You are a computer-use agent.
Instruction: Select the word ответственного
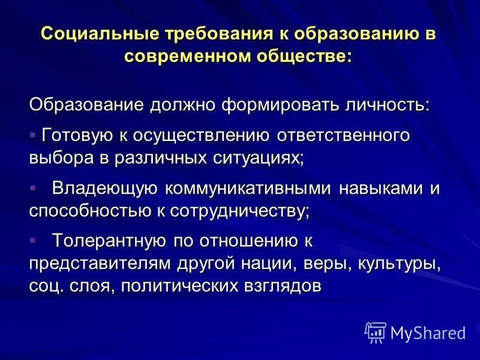[x=343, y=135]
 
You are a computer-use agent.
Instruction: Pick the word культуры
[x=400, y=264]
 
